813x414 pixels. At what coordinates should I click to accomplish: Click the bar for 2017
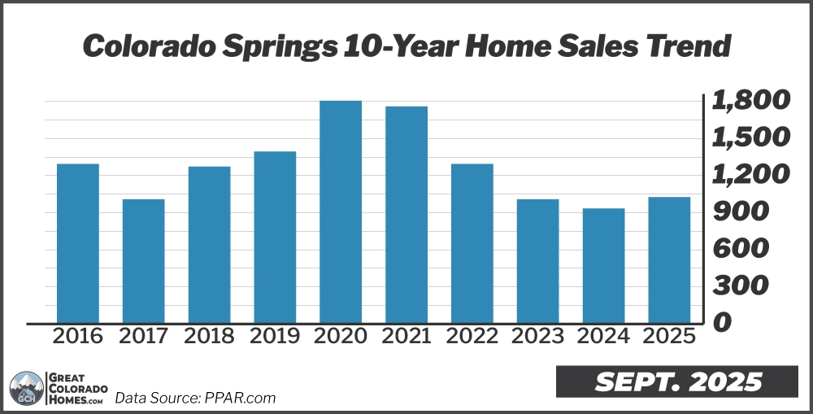(143, 261)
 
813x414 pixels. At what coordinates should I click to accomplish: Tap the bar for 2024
(603, 266)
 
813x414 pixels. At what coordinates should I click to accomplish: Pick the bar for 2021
(406, 215)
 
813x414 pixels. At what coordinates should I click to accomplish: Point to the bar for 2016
(78, 243)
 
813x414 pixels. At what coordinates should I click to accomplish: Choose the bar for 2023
(537, 261)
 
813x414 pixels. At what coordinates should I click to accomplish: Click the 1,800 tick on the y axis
(750, 102)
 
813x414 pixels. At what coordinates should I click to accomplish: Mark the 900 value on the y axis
(739, 212)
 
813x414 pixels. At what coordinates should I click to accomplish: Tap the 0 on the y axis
(721, 323)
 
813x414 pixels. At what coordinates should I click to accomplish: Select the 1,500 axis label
(750, 137)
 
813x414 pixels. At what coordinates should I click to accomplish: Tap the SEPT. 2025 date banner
(676, 381)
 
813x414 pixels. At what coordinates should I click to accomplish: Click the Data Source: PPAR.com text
(195, 398)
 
